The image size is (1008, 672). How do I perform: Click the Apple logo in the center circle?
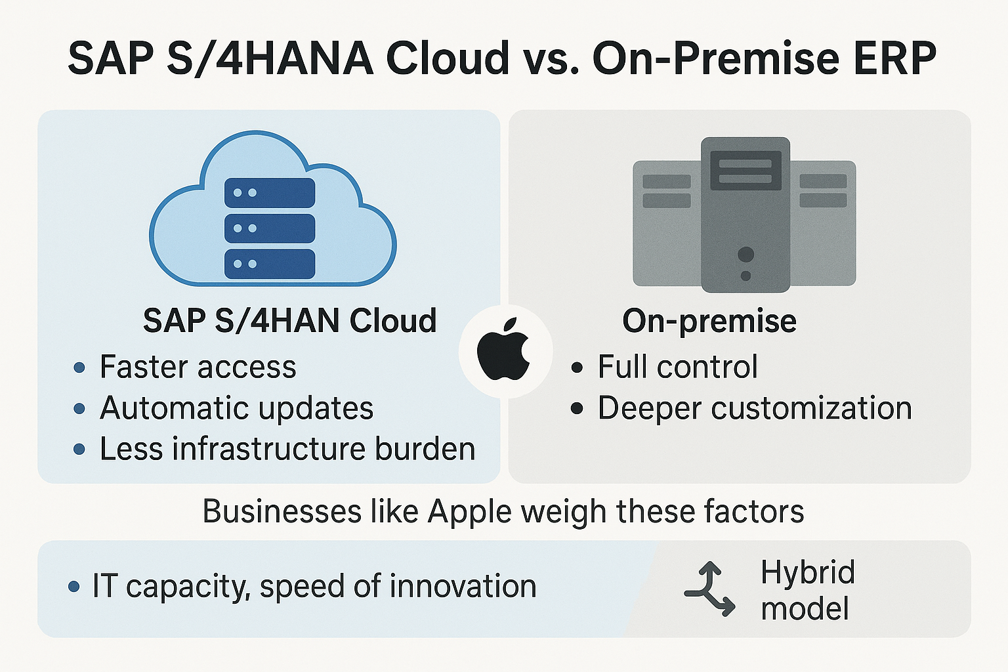point(503,349)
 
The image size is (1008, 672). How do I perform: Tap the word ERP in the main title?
point(894,58)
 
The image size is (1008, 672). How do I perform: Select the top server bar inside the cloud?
point(270,193)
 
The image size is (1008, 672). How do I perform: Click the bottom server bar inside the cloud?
point(270,264)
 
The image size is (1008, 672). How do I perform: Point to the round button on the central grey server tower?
point(745,255)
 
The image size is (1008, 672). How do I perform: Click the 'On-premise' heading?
point(709,322)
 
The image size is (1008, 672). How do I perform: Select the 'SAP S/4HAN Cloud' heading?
point(290,320)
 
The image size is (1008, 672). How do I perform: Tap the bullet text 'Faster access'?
point(198,367)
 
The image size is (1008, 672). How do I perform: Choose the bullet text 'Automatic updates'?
point(237,408)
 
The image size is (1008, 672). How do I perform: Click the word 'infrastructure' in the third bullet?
point(268,449)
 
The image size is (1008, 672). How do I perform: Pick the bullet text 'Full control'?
point(678,367)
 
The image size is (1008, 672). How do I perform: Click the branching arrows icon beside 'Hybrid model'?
point(709,589)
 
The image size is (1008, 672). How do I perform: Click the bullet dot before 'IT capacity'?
point(73,587)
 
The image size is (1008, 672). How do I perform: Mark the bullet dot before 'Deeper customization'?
point(577,409)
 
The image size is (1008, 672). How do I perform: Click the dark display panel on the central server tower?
point(745,170)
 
